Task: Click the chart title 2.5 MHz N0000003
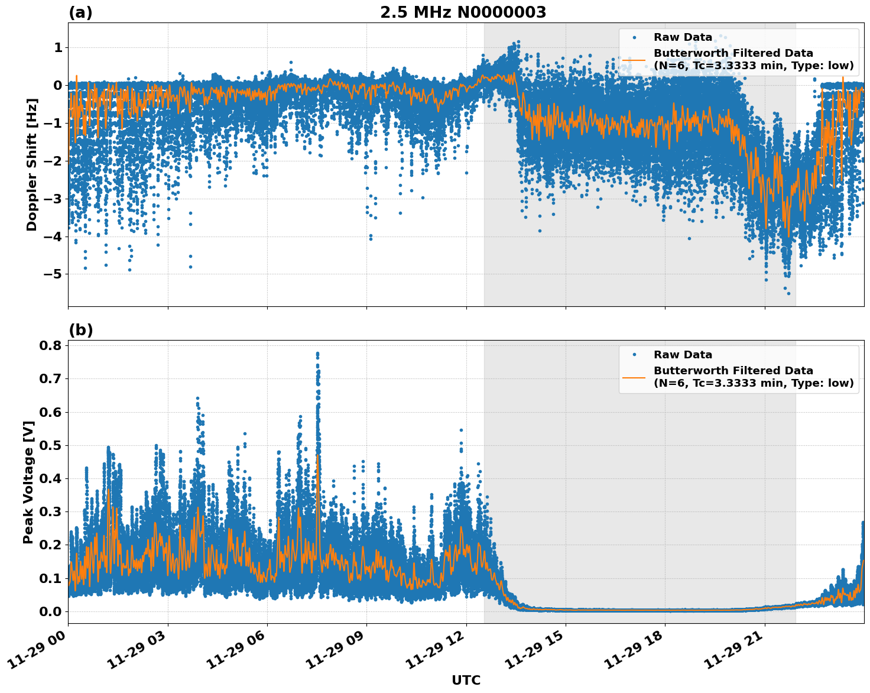tap(463, 12)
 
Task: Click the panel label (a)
tap(80, 12)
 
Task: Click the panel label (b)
tap(80, 330)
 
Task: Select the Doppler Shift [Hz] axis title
tap(32, 164)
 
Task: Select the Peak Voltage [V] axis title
tap(28, 482)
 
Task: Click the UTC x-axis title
tap(466, 680)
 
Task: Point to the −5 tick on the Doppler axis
tap(53, 274)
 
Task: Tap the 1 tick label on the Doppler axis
tap(58, 47)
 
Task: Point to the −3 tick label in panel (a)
tap(53, 199)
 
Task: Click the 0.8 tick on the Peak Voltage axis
tap(51, 345)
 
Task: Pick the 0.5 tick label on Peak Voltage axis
tap(51, 445)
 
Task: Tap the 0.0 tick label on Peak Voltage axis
tap(51, 611)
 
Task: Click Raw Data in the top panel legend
tap(683, 37)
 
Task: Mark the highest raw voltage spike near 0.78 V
tap(317, 354)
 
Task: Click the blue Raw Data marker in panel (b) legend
tap(634, 355)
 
